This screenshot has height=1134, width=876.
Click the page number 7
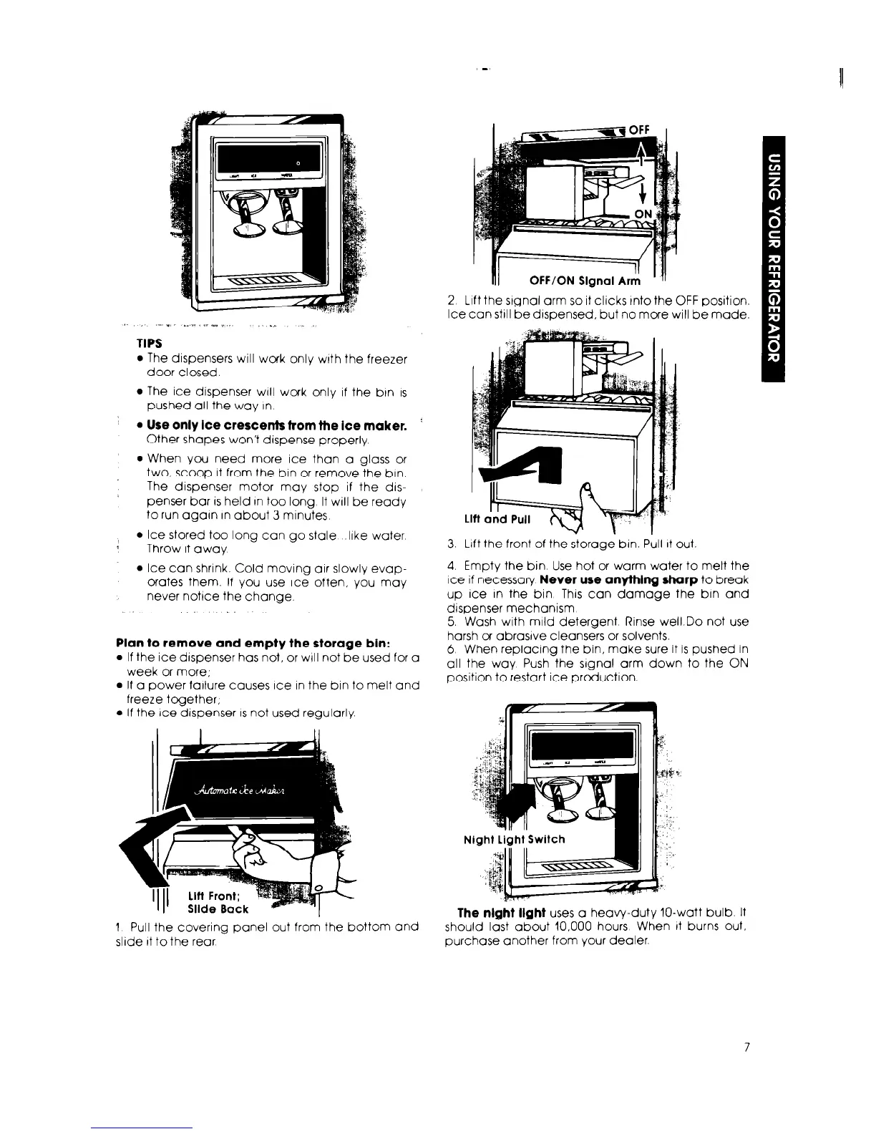coord(746,1047)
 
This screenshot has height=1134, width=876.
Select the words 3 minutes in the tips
coord(303,514)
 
